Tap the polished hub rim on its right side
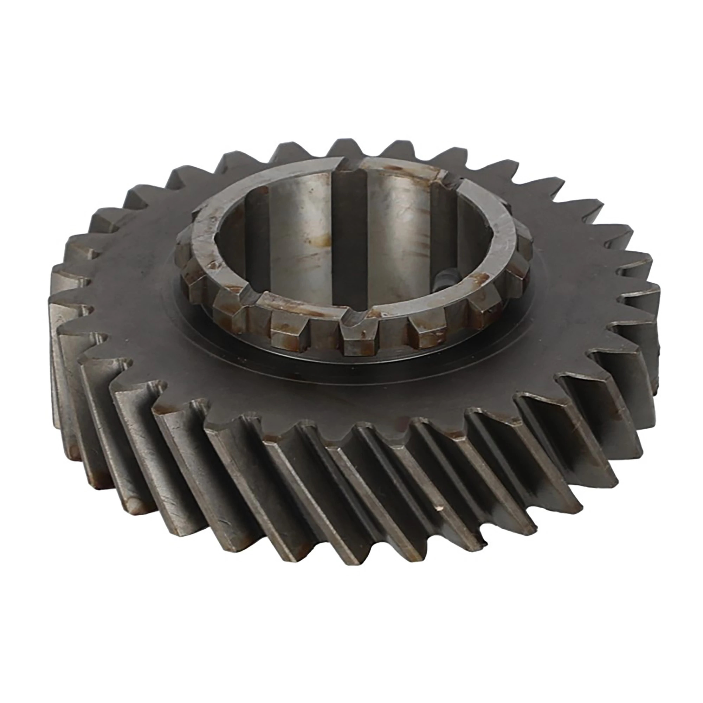[504, 247]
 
